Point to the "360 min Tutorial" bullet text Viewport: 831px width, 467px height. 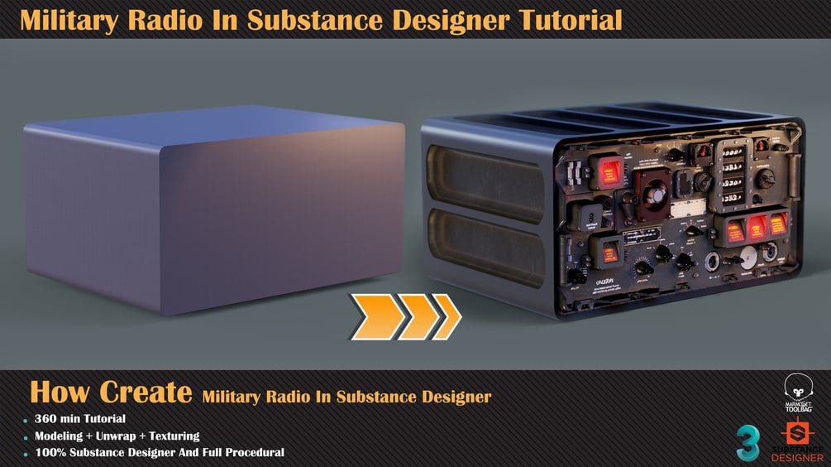80,419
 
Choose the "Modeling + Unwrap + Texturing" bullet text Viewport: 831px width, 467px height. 117,436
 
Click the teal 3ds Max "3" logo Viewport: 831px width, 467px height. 748,443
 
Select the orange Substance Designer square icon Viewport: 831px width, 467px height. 798,434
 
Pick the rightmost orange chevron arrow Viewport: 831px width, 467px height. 445,316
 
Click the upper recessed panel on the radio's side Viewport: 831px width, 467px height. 485,183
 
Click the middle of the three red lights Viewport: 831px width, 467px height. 756,225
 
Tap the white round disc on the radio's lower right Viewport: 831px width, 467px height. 747,258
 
